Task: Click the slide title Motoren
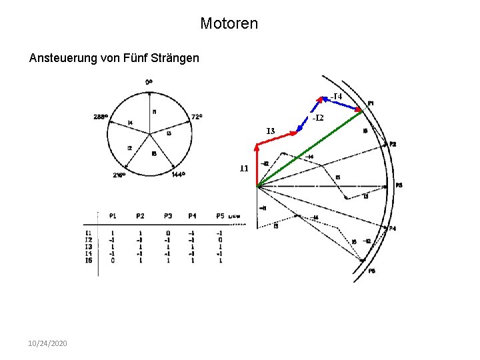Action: [229, 24]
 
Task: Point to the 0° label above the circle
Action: [149, 82]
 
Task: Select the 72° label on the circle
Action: [197, 117]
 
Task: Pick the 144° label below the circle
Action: [178, 175]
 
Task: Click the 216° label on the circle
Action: [119, 176]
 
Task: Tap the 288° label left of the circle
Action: [101, 117]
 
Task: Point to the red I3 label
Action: [270, 131]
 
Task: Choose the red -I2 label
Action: [317, 118]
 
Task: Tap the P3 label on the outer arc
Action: [399, 185]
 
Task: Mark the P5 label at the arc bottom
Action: [371, 271]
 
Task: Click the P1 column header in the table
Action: [112, 216]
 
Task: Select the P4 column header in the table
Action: [192, 216]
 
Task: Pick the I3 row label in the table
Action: [89, 247]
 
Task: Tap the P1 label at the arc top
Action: [371, 103]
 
